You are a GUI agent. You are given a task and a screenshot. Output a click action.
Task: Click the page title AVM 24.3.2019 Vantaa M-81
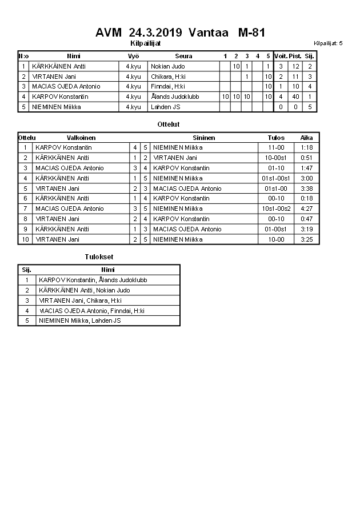point(180,33)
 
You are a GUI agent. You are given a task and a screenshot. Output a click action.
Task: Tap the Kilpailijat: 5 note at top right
point(328,43)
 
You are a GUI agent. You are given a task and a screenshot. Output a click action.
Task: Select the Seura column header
point(183,56)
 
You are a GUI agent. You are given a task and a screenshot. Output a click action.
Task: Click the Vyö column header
point(133,56)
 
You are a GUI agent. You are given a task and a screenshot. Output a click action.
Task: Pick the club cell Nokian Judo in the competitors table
point(168,66)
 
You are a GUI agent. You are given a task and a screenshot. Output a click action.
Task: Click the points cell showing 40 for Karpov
point(295,97)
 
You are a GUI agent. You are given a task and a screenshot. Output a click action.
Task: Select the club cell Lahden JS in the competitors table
point(166,107)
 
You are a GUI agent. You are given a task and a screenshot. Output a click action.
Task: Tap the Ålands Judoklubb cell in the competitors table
point(175,97)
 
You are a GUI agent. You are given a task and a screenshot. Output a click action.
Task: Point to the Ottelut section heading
point(168,124)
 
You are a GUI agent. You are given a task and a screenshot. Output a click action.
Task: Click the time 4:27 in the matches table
point(307,209)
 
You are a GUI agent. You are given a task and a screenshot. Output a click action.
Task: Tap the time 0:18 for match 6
point(307,198)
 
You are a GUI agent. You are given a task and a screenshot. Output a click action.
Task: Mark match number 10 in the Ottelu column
point(25,239)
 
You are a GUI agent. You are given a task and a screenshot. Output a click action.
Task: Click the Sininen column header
point(204,138)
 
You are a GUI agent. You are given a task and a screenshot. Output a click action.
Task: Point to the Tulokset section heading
point(99,257)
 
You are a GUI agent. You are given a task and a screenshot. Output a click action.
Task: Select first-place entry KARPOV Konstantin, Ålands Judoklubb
point(93,280)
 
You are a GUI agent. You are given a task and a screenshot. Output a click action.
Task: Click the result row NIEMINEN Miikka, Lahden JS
point(79,320)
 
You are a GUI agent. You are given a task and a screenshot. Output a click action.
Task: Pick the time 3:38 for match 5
point(307,189)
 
